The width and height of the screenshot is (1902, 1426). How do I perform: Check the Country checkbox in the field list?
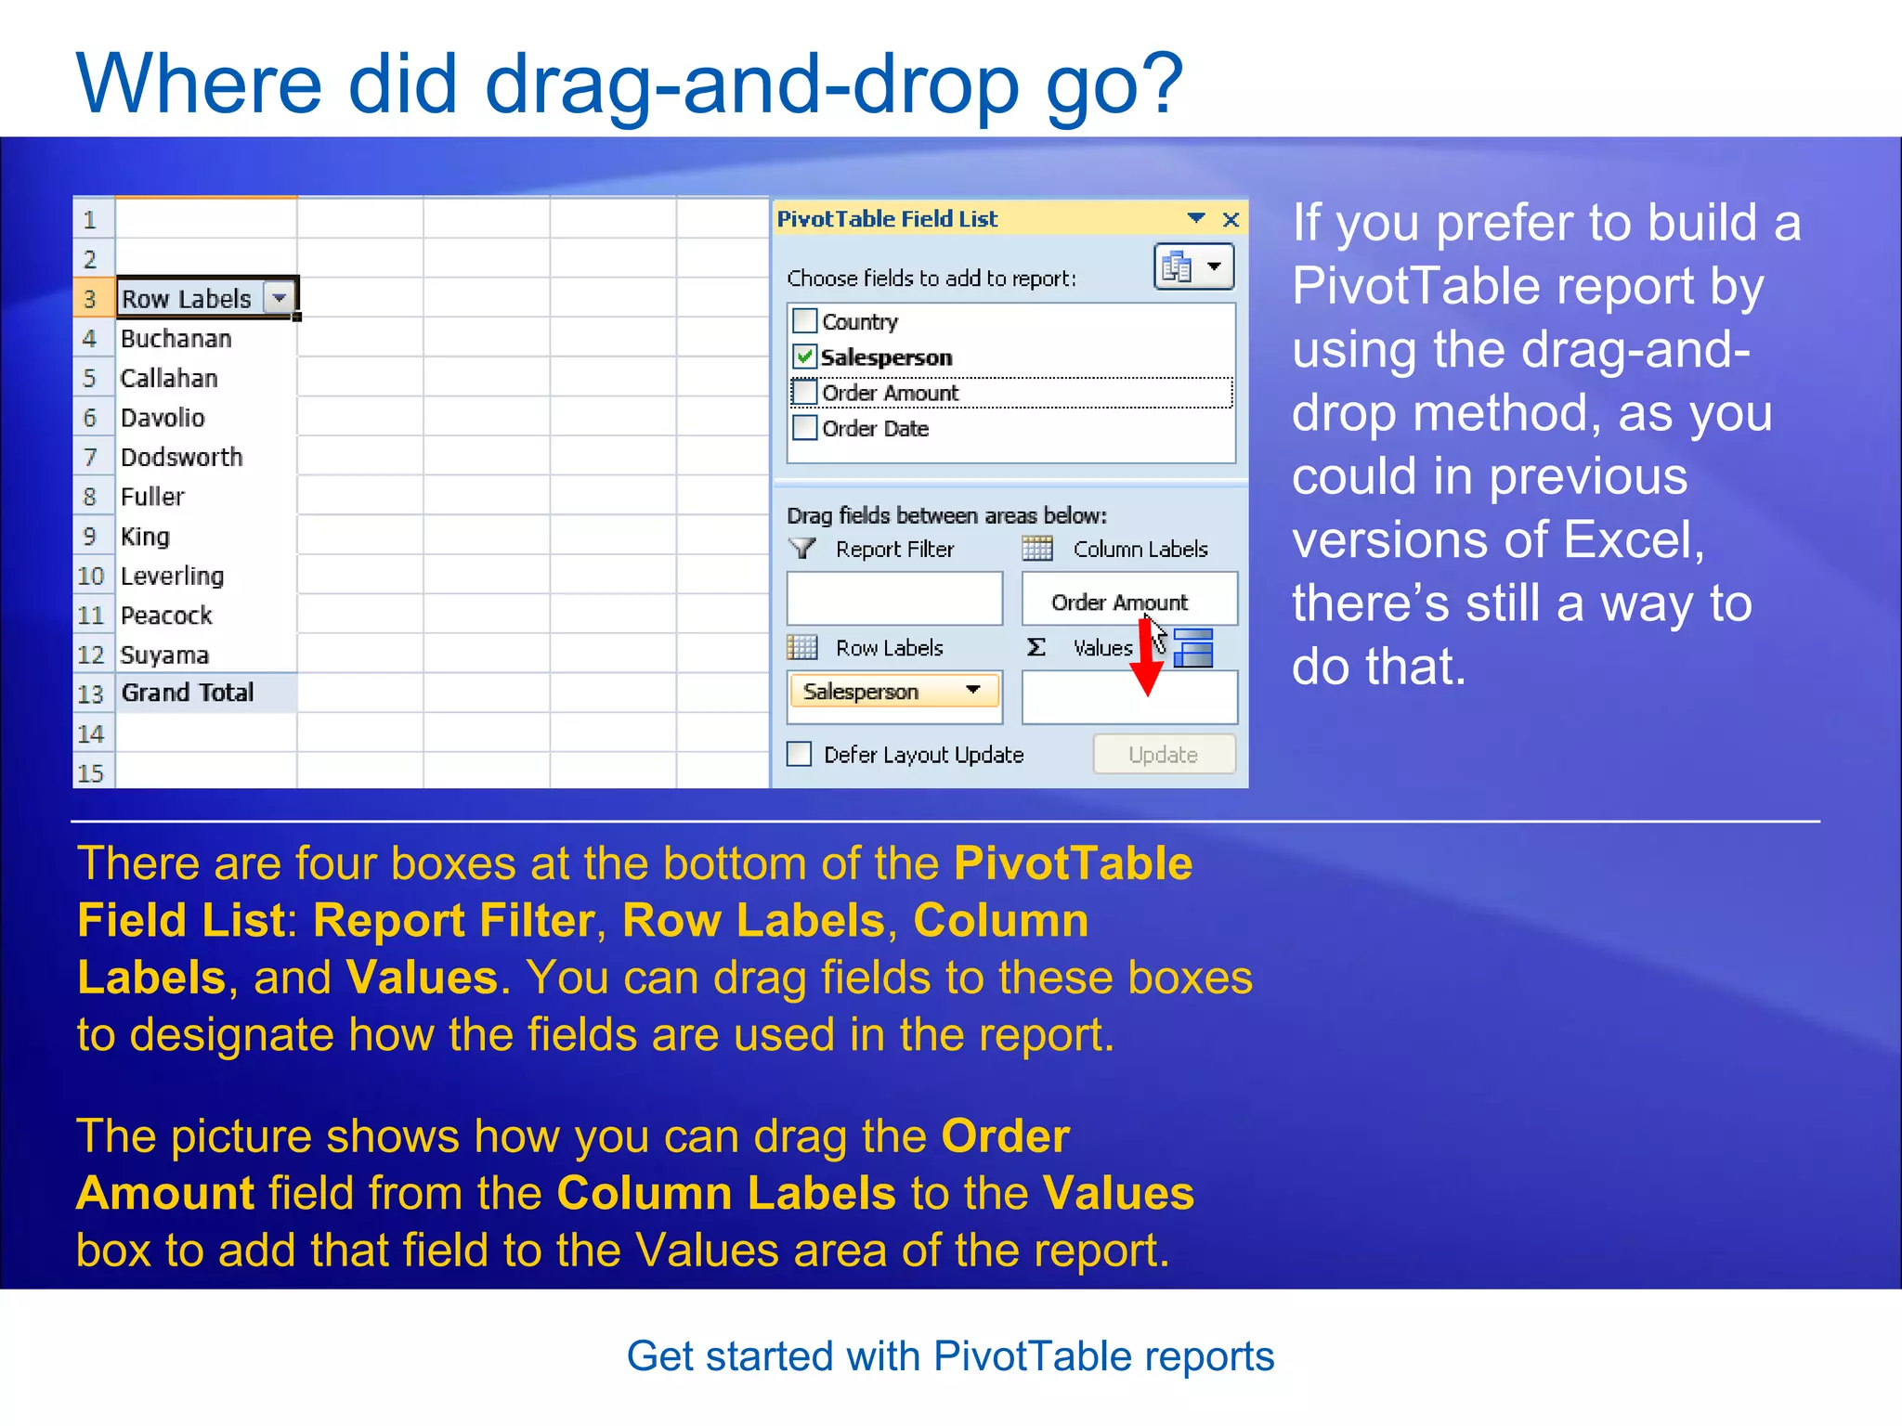[x=804, y=321]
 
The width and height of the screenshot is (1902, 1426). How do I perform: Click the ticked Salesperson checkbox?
[x=804, y=356]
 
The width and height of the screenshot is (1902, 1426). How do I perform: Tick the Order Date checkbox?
[x=804, y=428]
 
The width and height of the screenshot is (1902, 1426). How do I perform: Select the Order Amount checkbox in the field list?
[x=804, y=393]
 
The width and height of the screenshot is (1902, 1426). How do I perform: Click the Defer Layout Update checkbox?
[x=799, y=754]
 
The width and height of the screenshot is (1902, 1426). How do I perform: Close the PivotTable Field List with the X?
[x=1231, y=219]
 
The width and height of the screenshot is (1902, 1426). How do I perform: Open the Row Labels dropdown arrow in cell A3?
[x=279, y=298]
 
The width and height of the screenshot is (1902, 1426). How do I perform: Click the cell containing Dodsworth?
[x=182, y=457]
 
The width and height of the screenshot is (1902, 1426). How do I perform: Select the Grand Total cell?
[x=188, y=693]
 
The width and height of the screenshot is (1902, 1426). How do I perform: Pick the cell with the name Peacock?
[x=167, y=616]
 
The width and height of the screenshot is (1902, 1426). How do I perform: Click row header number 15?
[x=91, y=772]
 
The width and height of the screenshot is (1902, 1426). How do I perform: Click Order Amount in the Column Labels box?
[x=1119, y=603]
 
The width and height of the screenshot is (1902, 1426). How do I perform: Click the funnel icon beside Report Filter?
[x=802, y=549]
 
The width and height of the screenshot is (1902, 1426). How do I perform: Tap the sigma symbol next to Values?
[x=1036, y=647]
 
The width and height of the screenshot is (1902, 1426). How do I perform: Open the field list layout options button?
[x=1193, y=267]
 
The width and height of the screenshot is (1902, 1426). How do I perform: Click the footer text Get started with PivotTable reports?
[x=950, y=1356]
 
